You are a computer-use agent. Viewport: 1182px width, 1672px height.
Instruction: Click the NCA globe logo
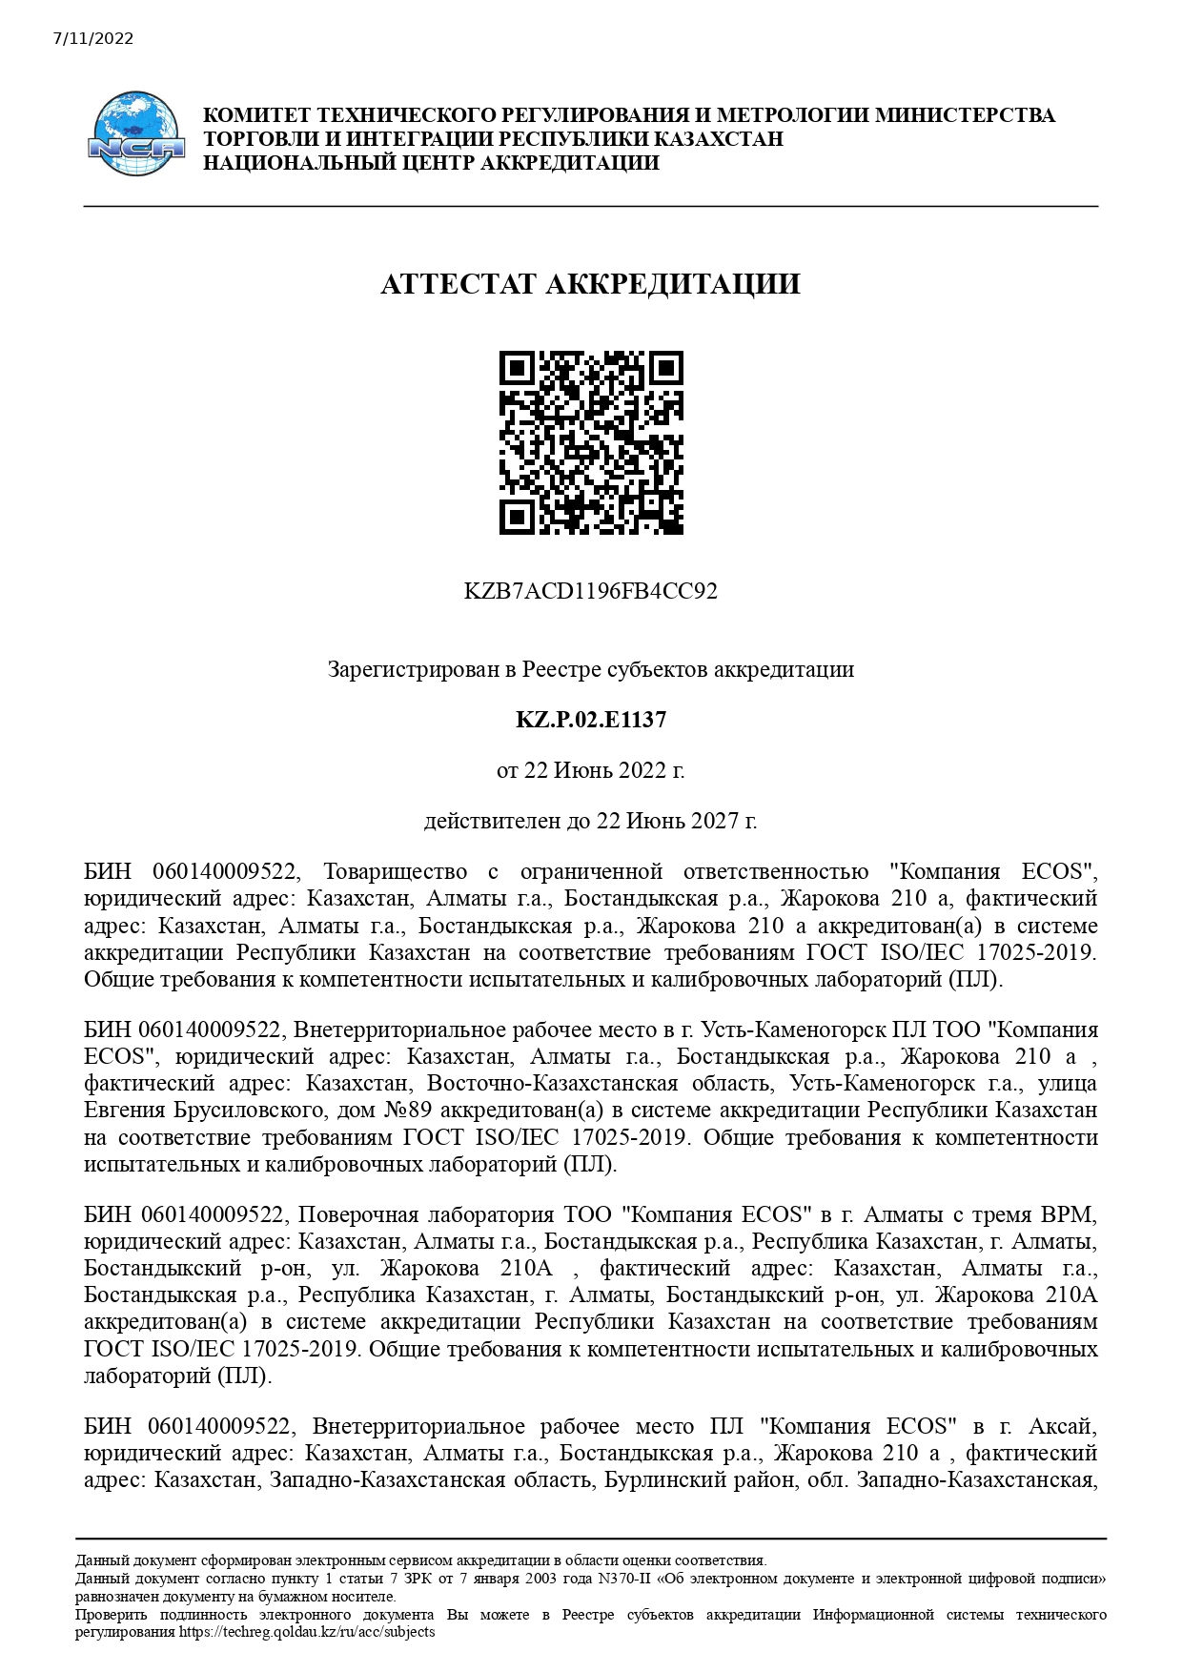[136, 133]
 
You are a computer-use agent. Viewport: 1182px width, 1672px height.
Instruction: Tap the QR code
[591, 442]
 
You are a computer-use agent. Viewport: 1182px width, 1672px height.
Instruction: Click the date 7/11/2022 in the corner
[93, 39]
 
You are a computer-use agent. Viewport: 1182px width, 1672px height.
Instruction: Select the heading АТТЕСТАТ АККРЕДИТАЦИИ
[590, 284]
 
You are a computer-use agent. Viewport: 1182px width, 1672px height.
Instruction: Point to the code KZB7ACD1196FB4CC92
[590, 591]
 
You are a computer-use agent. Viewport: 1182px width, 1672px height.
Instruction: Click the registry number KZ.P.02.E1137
[590, 720]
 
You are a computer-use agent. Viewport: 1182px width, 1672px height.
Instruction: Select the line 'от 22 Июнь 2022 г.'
[590, 770]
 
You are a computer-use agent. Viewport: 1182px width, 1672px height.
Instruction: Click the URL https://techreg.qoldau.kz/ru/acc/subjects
[307, 1631]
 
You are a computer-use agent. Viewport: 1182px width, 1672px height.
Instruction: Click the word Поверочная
[358, 1215]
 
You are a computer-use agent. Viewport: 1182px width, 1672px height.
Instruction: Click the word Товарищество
[396, 872]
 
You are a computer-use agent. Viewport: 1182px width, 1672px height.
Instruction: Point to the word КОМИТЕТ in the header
[257, 115]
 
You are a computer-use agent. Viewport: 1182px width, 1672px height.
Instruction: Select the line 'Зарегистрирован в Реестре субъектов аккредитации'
[590, 670]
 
